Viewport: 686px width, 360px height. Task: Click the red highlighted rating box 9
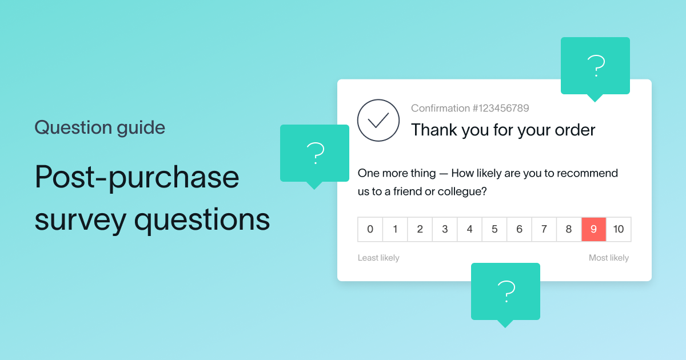tap(593, 230)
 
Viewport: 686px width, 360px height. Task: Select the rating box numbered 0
tap(370, 230)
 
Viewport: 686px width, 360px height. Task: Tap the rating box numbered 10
tap(619, 230)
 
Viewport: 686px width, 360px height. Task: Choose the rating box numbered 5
tap(494, 230)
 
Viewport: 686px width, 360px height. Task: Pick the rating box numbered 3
tap(445, 230)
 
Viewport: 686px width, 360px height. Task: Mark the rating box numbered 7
tap(544, 230)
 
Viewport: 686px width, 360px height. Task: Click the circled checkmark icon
tap(378, 120)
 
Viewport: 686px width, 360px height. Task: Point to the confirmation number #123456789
tap(470, 108)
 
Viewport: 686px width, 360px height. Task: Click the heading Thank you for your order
tap(503, 130)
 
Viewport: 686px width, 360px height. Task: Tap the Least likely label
tap(378, 258)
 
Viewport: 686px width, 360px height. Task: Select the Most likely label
tap(609, 258)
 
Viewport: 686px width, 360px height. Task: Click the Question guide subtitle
tap(99, 127)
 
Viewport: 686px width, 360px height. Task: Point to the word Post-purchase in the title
tap(137, 177)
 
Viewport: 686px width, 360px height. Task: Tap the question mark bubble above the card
tap(595, 66)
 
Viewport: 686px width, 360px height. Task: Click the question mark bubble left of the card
tap(314, 153)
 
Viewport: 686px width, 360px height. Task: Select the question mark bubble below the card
tap(505, 291)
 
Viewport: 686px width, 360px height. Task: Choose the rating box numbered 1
tap(395, 230)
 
